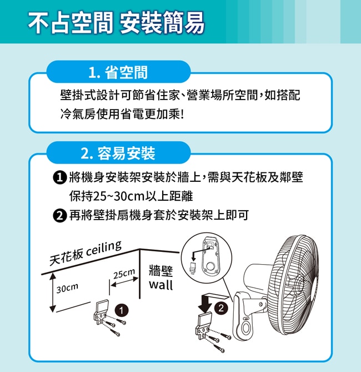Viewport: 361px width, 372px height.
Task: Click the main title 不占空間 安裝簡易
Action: click(x=116, y=23)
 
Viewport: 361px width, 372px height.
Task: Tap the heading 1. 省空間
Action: click(x=118, y=72)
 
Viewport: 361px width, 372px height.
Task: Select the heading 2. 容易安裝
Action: click(x=118, y=153)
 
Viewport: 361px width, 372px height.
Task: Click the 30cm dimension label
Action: click(x=67, y=288)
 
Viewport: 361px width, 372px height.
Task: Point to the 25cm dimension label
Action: click(x=124, y=274)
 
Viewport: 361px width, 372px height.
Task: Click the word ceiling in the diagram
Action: click(x=104, y=249)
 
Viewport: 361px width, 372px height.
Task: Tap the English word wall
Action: click(x=161, y=285)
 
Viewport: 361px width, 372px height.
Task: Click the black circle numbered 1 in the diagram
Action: click(x=122, y=310)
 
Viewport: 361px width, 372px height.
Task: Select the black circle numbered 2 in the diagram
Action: click(x=221, y=308)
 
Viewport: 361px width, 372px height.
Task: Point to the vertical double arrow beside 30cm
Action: click(x=52, y=292)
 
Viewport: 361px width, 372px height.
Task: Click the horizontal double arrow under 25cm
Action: click(x=124, y=281)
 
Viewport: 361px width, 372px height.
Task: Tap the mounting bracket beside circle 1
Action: click(x=101, y=312)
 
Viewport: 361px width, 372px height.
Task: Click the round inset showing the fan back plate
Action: click(x=207, y=258)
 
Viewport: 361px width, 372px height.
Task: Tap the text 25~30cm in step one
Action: click(x=119, y=196)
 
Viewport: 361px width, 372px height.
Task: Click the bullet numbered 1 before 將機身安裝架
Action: click(x=59, y=177)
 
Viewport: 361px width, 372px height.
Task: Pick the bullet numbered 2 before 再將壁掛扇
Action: click(x=59, y=216)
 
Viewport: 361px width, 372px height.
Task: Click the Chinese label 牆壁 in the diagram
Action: click(x=161, y=271)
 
